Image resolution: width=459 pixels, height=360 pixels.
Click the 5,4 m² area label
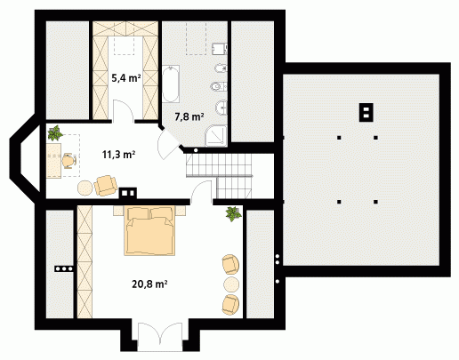pyautogui.click(x=125, y=78)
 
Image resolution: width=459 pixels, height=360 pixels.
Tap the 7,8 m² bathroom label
pyautogui.click(x=189, y=117)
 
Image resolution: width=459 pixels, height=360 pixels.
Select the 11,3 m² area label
pyautogui.click(x=119, y=155)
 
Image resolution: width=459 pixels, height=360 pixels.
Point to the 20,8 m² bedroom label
pyautogui.click(x=149, y=284)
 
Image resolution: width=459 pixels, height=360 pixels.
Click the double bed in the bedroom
pyautogui.click(x=149, y=231)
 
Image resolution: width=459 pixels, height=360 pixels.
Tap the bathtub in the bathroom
pyautogui.click(x=171, y=84)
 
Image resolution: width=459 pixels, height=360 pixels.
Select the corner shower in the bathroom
pyautogui.click(x=216, y=136)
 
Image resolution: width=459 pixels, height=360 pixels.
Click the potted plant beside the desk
pyautogui.click(x=55, y=132)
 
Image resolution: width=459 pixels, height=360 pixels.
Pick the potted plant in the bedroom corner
pyautogui.click(x=233, y=214)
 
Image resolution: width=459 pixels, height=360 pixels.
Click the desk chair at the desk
pyautogui.click(x=69, y=161)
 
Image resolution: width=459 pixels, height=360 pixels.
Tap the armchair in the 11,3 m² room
pyautogui.click(x=105, y=186)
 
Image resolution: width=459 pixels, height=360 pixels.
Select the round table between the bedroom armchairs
pyautogui.click(x=231, y=284)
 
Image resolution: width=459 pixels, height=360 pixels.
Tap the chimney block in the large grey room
pyautogui.click(x=366, y=112)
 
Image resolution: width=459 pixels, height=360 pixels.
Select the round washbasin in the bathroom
pyautogui.click(x=221, y=108)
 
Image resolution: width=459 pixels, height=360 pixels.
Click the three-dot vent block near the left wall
pyautogui.click(x=64, y=269)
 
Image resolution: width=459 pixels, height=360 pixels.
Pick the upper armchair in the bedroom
pyautogui.click(x=230, y=264)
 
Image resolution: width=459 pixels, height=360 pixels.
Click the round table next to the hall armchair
pyautogui.click(x=85, y=188)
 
